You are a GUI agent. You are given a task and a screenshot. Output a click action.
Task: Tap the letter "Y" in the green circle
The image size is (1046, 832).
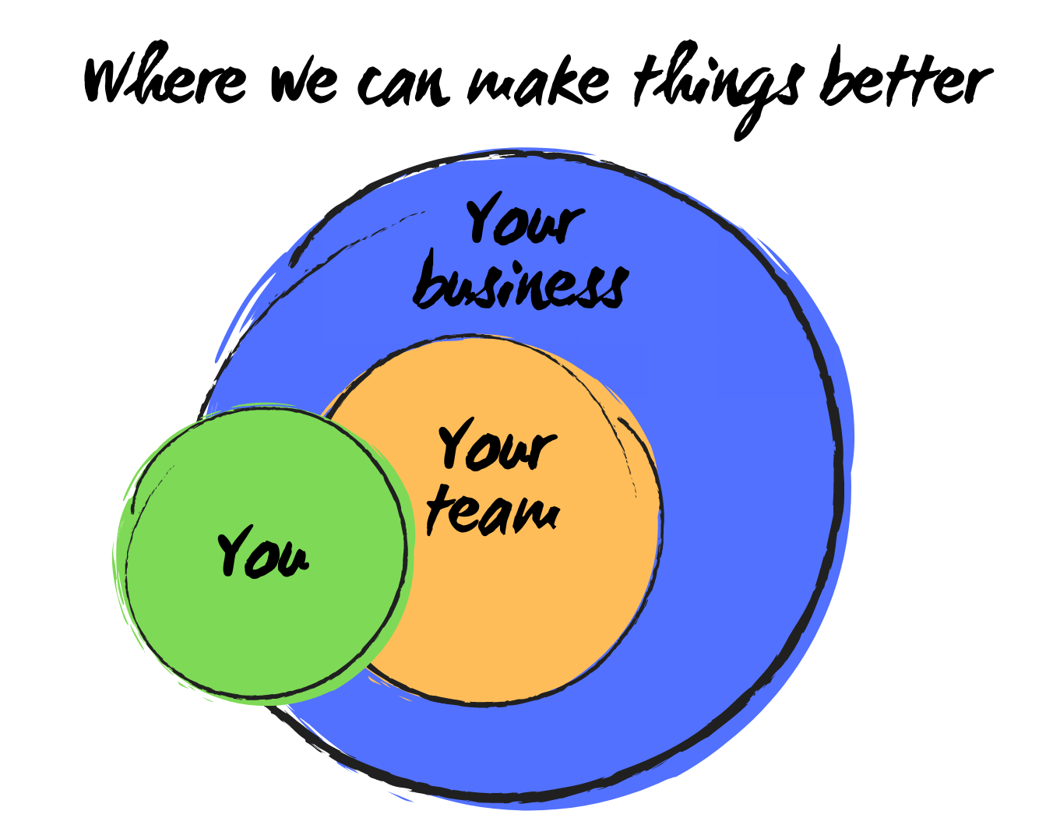234,549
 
